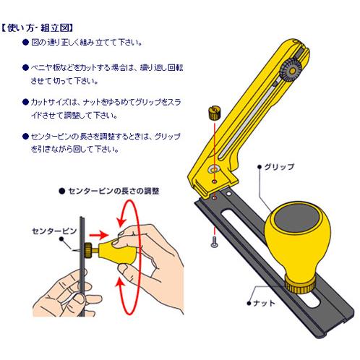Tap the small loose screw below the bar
tap(215, 243)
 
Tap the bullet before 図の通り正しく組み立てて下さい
tap(25, 43)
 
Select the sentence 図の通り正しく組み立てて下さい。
tap(87, 43)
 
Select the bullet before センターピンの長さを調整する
tap(25, 135)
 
